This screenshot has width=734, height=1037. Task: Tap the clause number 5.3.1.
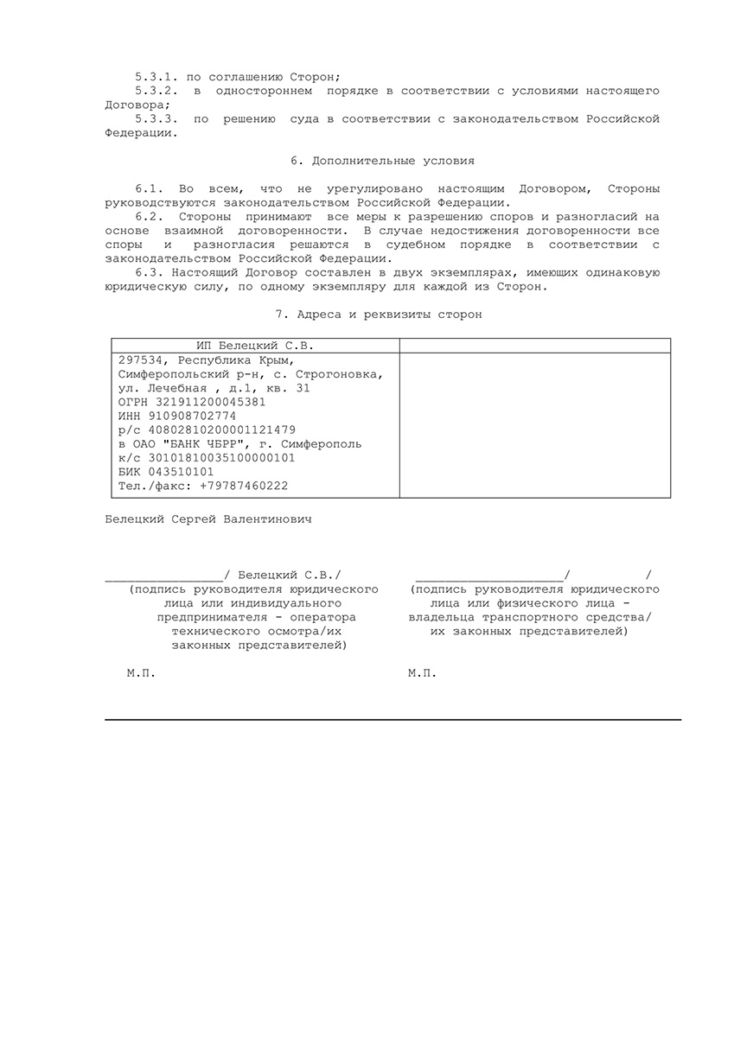tap(156, 77)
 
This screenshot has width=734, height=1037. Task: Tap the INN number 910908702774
tap(199, 416)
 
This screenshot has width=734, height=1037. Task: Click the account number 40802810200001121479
tap(220, 429)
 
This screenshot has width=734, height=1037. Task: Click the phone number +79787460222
tap(243, 486)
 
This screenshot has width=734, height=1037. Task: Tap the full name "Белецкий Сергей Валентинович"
tap(207, 520)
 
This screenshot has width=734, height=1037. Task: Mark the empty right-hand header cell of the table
tap(535, 346)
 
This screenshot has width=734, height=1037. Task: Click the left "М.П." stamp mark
tap(141, 673)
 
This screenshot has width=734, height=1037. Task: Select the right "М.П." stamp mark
tap(422, 673)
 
